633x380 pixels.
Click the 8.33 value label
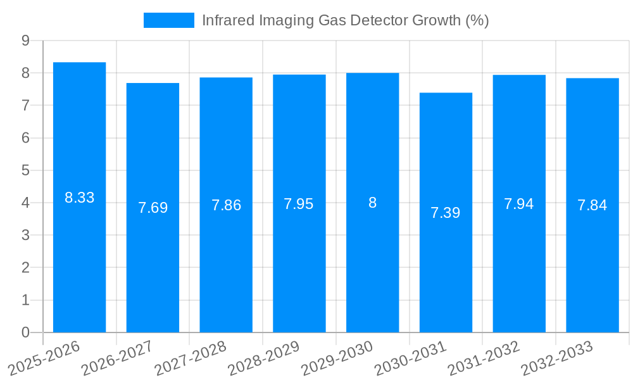(79, 198)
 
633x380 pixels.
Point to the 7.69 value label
(153, 208)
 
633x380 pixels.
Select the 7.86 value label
(226, 205)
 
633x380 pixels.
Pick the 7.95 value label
(299, 204)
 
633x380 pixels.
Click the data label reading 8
(372, 203)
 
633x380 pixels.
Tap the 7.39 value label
(446, 213)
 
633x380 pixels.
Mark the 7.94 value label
(519, 204)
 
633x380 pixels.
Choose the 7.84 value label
(592, 205)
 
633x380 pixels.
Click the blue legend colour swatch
(169, 20)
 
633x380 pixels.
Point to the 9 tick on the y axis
(25, 41)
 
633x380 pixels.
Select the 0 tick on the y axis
(25, 332)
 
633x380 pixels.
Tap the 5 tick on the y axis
(25, 170)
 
